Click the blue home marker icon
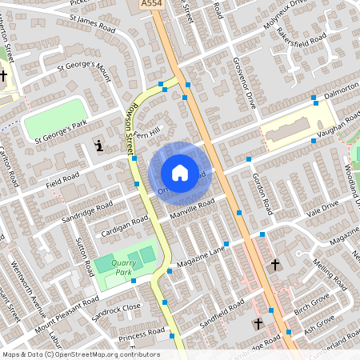pyautogui.click(x=180, y=172)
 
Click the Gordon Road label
pyautogui.click(x=262, y=189)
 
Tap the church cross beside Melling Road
pyautogui.click(x=276, y=264)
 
